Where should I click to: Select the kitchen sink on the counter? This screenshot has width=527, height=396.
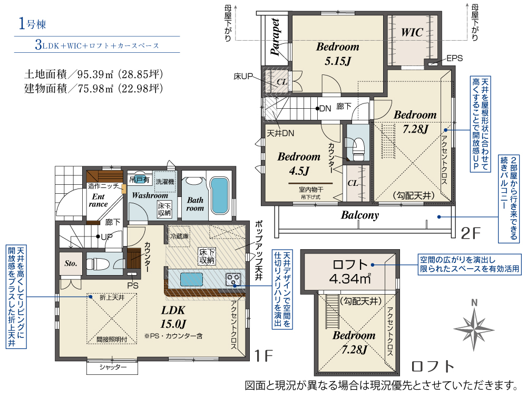click(x=192, y=279)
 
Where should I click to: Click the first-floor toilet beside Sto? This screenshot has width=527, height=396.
click(x=98, y=263)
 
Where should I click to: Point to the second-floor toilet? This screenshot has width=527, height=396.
click(x=357, y=148)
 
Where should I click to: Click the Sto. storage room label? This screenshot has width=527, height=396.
click(x=71, y=263)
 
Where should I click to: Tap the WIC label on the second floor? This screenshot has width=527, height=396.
click(x=412, y=32)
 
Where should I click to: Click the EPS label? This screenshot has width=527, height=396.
click(x=454, y=58)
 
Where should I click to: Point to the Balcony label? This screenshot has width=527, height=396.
click(x=360, y=215)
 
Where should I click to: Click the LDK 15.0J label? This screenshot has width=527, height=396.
click(x=173, y=317)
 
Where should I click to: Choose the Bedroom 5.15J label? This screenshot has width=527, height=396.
click(x=338, y=54)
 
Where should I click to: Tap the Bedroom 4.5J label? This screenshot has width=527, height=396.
click(x=299, y=164)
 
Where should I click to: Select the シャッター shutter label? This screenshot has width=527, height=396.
click(x=113, y=367)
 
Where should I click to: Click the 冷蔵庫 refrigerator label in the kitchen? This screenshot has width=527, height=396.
click(x=179, y=236)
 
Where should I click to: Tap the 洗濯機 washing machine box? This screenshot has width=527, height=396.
click(x=164, y=182)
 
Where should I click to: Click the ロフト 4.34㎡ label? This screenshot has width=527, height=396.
click(x=350, y=272)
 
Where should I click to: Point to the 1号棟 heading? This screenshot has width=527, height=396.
click(x=32, y=24)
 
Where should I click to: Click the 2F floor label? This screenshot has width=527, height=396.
click(x=471, y=233)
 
